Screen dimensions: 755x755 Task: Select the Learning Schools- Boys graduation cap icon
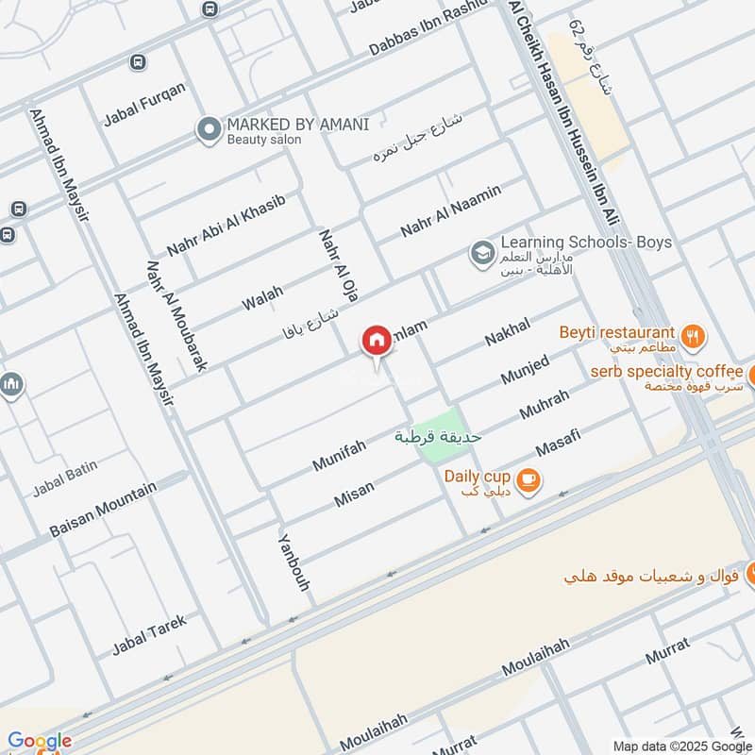click(482, 253)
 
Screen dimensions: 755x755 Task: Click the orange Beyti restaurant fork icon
click(694, 334)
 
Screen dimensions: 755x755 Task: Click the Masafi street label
click(557, 439)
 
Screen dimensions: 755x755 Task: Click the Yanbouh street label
click(294, 562)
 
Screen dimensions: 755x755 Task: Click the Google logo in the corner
click(39, 741)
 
